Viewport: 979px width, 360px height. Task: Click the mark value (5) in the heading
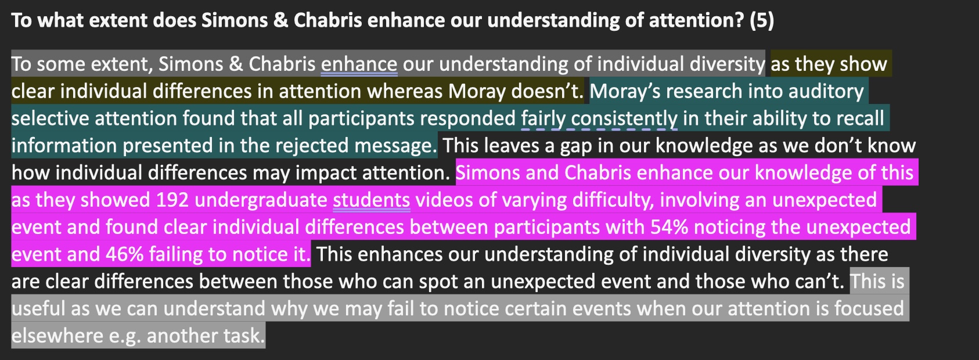762,20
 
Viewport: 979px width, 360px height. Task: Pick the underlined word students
372,200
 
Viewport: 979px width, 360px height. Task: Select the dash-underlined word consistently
624,119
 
